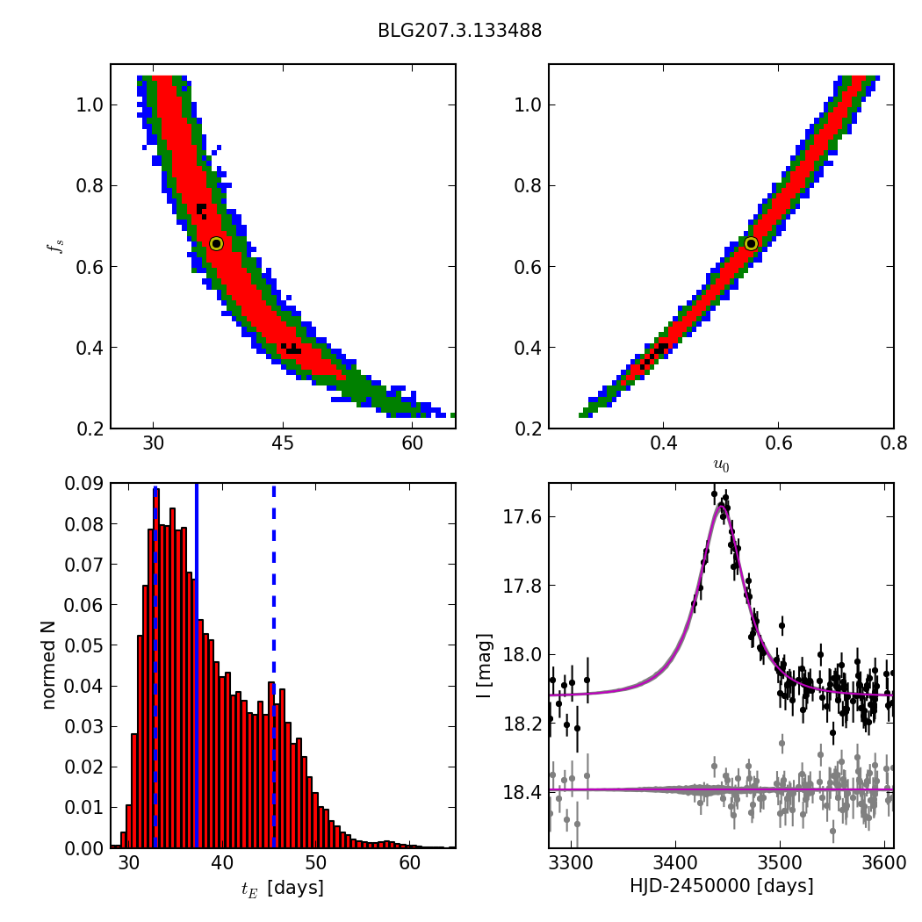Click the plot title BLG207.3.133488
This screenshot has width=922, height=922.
(x=459, y=31)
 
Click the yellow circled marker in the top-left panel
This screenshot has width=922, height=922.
(x=216, y=243)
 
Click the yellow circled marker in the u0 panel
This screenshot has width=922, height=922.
(x=751, y=243)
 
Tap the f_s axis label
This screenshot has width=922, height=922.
(x=54, y=247)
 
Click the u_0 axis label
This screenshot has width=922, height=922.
(x=721, y=465)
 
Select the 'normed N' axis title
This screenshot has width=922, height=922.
(x=49, y=665)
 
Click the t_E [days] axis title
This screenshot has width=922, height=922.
(x=282, y=888)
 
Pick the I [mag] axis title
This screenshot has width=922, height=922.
(x=485, y=666)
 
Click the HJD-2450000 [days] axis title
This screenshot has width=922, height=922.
(x=721, y=886)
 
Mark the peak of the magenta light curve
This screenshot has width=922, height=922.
(x=720, y=505)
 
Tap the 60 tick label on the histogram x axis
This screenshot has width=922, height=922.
(x=409, y=865)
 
